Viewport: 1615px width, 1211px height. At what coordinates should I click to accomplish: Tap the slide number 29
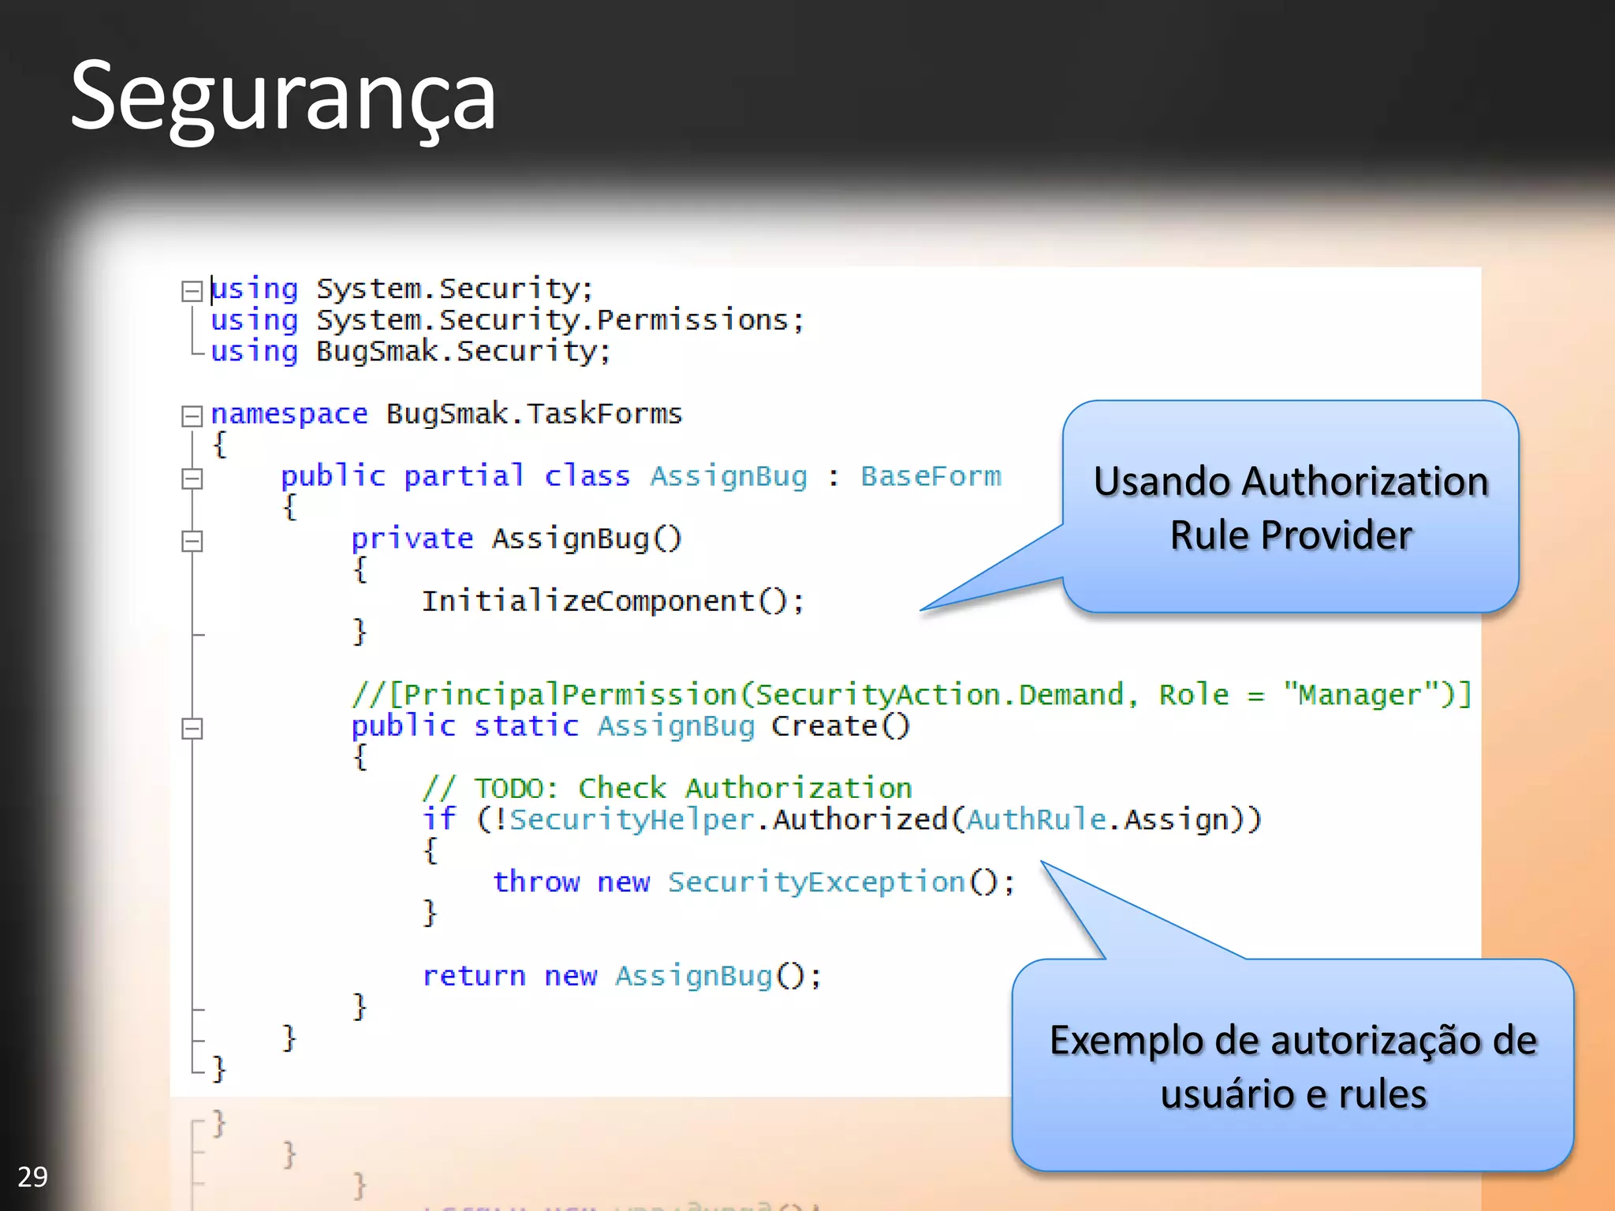(32, 1176)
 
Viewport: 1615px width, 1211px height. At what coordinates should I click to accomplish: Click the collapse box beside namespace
(192, 416)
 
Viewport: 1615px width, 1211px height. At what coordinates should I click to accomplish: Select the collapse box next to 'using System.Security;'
(192, 291)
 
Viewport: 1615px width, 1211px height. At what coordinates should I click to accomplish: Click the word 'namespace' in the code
(289, 414)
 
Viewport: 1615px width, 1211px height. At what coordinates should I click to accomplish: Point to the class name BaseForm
(931, 476)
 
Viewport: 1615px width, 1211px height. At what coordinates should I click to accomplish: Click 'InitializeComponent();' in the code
(613, 602)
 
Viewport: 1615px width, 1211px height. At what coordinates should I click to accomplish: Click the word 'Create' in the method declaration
(823, 726)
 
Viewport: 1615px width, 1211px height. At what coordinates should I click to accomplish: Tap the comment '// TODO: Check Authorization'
(667, 788)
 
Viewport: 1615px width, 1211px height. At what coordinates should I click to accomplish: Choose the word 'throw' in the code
(536, 882)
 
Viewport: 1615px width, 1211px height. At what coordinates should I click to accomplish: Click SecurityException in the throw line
(817, 882)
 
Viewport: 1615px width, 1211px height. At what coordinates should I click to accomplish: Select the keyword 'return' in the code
(474, 976)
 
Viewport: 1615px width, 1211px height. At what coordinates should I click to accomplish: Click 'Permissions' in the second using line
(692, 320)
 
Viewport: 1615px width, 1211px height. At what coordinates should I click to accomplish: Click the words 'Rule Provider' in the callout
(1290, 535)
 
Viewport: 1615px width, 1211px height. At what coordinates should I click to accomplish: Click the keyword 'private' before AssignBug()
(412, 538)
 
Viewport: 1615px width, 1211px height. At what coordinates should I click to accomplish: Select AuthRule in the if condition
(1036, 820)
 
